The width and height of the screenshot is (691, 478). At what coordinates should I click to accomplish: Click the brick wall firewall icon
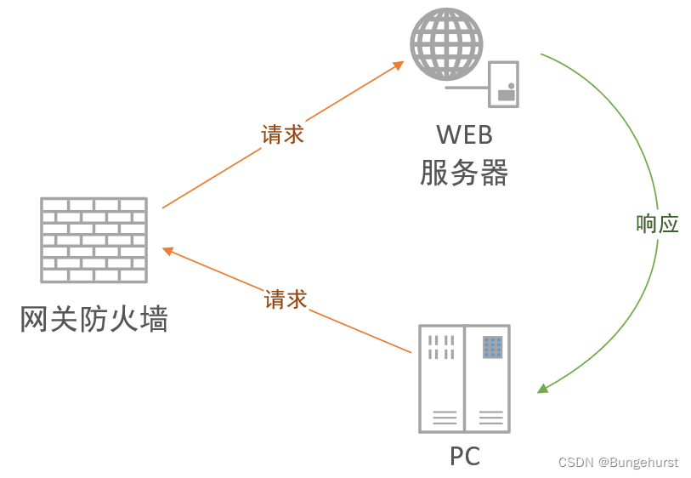(93, 240)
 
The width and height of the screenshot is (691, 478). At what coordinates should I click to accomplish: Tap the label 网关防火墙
(93, 319)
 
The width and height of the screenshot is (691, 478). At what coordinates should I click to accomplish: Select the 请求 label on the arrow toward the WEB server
(282, 134)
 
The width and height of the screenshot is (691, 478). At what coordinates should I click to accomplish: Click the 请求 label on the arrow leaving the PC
(285, 299)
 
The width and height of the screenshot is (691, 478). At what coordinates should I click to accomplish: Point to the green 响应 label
(657, 223)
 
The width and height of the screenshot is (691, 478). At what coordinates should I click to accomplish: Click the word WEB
(464, 134)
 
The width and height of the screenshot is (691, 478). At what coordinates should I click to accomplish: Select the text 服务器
(464, 173)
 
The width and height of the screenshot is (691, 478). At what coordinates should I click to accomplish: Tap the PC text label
(465, 457)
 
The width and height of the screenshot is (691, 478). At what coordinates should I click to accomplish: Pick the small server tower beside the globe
(503, 84)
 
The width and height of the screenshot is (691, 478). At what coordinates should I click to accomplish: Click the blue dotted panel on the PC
(492, 346)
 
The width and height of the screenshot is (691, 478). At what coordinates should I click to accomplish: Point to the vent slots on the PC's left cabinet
(440, 346)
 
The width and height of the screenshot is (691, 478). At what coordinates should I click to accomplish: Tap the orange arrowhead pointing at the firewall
(167, 251)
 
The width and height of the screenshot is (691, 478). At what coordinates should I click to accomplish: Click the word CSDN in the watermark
(575, 463)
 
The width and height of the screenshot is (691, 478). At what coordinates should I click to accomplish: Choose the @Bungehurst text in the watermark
(637, 463)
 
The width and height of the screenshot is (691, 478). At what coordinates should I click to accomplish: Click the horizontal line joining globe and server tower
(466, 87)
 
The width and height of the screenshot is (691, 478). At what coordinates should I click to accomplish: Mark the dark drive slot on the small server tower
(507, 94)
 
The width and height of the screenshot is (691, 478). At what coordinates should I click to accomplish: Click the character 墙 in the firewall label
(154, 319)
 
